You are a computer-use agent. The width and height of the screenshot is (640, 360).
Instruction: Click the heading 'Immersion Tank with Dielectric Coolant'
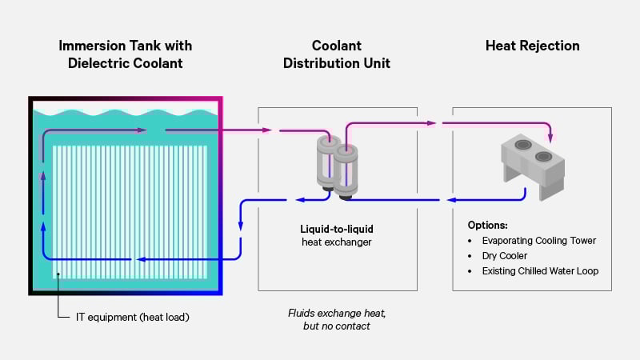point(125,54)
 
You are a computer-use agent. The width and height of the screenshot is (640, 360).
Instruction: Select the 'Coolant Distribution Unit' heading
point(337,54)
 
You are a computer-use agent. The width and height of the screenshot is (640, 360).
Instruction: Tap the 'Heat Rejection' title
point(532,46)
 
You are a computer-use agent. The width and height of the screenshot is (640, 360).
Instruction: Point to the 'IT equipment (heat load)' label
point(132,318)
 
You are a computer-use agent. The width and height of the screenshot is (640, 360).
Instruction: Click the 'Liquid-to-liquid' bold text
point(337,229)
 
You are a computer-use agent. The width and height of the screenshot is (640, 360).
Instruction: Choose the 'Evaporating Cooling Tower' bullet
point(538,240)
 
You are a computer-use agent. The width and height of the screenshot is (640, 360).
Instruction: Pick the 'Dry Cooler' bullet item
point(504,255)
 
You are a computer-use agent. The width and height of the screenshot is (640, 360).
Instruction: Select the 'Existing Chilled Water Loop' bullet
point(540,270)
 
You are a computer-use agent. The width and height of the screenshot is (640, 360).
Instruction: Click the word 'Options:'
point(488,225)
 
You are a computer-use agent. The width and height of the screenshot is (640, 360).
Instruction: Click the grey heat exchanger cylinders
point(337,165)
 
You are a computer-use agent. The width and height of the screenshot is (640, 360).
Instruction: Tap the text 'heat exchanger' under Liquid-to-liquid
point(337,242)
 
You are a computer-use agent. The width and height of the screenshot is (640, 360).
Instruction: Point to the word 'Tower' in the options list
point(582,240)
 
